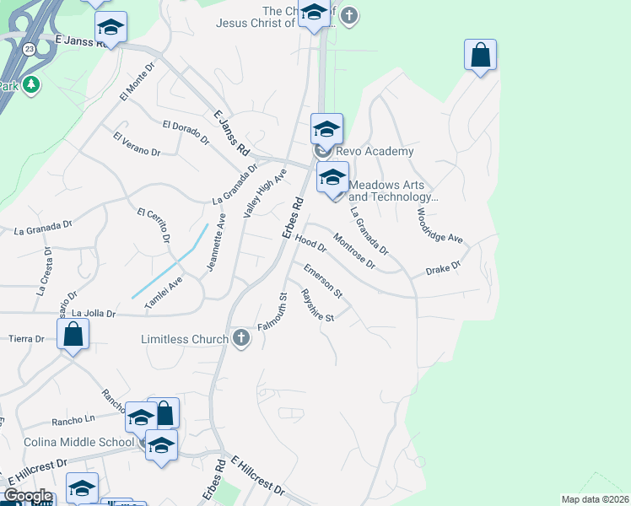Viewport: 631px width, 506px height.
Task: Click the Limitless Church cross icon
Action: click(241, 339)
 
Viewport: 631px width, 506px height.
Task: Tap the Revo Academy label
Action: click(375, 151)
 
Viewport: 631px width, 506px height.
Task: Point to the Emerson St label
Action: click(323, 281)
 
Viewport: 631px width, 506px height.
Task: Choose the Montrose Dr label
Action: click(353, 250)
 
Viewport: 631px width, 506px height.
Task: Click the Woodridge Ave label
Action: click(440, 226)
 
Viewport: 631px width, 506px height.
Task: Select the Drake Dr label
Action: click(443, 269)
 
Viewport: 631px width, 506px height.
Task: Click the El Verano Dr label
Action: click(137, 143)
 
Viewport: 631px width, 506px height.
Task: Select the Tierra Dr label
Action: click(26, 339)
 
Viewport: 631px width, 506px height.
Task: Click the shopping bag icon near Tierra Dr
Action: click(73, 334)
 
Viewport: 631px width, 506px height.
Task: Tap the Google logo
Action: click(29, 496)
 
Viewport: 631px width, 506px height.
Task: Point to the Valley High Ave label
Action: click(266, 194)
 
